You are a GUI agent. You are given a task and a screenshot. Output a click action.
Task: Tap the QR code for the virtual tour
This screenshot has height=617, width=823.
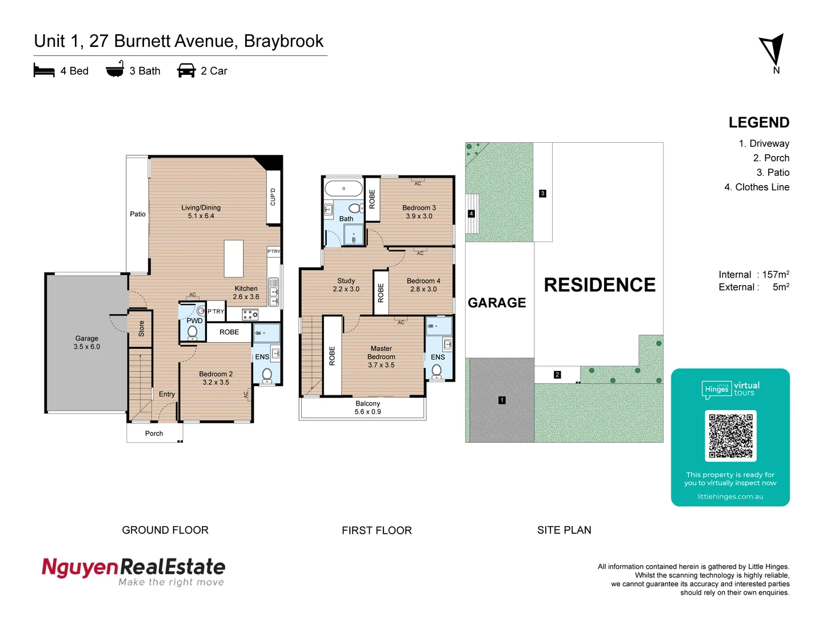(730, 436)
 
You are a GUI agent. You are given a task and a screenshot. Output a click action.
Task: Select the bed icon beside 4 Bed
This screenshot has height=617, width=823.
(44, 71)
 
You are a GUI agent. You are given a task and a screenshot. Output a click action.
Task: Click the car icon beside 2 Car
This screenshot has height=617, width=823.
(186, 71)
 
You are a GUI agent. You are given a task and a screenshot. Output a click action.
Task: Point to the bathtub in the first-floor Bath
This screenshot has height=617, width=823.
(343, 189)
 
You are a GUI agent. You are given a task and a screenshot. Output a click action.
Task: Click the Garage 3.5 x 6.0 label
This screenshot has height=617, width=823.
(87, 342)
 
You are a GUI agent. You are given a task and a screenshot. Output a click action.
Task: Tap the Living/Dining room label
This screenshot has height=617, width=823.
(201, 211)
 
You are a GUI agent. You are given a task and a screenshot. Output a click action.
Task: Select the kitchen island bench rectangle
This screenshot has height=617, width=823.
(234, 259)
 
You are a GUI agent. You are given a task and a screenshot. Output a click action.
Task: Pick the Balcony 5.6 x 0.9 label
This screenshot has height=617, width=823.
(367, 407)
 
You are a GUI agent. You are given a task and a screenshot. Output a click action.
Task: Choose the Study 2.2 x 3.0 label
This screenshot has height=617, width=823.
(346, 285)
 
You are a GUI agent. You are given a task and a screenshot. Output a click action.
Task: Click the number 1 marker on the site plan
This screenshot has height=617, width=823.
(502, 400)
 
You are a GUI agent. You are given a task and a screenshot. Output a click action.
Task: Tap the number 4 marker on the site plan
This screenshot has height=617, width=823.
(471, 214)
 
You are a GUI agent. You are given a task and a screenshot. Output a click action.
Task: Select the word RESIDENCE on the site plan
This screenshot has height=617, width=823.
(600, 285)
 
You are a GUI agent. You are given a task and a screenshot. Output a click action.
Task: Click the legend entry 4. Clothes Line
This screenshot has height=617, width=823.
(757, 187)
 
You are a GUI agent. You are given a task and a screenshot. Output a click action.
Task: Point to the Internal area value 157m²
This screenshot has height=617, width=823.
(776, 275)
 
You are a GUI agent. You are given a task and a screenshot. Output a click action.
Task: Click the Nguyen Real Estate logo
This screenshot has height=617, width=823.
(134, 571)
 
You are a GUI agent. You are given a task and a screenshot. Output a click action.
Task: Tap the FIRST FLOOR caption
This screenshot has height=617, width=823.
(377, 530)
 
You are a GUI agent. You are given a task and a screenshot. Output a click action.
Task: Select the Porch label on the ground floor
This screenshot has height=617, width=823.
(154, 434)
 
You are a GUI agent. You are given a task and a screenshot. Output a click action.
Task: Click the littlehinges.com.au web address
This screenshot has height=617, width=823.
(730, 496)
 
